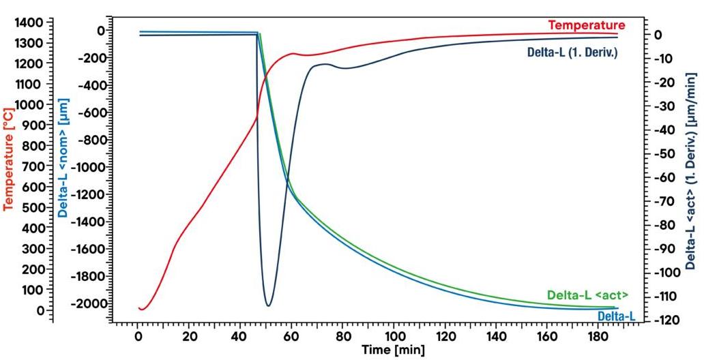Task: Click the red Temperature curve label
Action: click(x=586, y=25)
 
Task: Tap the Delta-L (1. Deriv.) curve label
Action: click(x=572, y=52)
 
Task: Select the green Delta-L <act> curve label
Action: click(x=587, y=295)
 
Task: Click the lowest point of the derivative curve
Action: click(x=268, y=305)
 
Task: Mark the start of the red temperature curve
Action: click(x=138, y=308)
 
